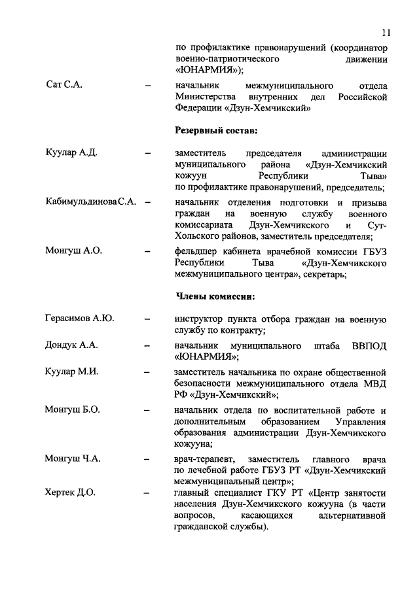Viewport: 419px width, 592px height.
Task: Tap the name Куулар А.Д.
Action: tap(71, 154)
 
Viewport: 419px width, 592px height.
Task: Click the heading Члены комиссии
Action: tap(215, 296)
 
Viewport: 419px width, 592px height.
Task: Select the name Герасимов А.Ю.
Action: tap(79, 319)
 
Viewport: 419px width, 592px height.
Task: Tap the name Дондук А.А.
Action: tap(71, 345)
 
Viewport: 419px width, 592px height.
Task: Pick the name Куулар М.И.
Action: tap(71, 372)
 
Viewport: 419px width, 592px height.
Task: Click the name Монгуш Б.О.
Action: tap(71, 409)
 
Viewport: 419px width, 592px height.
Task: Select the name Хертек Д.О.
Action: tap(70, 493)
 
